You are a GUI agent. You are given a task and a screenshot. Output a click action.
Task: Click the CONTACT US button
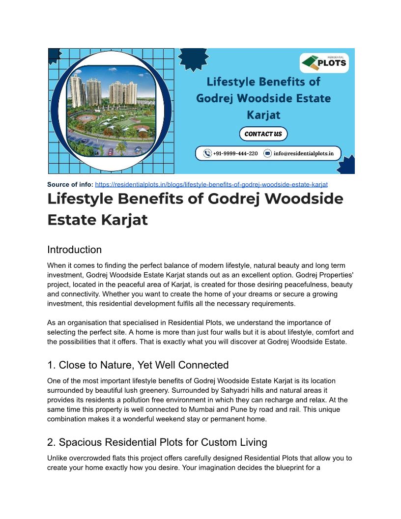[x=263, y=134]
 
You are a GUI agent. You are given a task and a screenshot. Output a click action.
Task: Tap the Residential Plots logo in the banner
[x=324, y=63]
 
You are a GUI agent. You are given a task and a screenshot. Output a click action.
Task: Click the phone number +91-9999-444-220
[x=235, y=153]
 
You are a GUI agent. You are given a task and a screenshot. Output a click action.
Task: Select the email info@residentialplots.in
[x=303, y=153]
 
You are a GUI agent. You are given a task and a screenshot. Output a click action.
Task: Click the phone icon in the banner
[x=207, y=153]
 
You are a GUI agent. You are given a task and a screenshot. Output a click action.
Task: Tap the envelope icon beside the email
[x=267, y=153]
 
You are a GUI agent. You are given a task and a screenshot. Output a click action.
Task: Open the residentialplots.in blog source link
[x=211, y=184]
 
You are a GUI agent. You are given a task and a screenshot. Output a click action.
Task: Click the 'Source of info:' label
[x=70, y=184]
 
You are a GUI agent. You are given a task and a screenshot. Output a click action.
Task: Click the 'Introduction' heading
[x=74, y=250]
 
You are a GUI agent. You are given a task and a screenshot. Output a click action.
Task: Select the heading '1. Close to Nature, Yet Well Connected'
[x=138, y=365]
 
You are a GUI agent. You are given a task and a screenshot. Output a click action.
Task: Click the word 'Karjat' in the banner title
[x=263, y=115]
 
